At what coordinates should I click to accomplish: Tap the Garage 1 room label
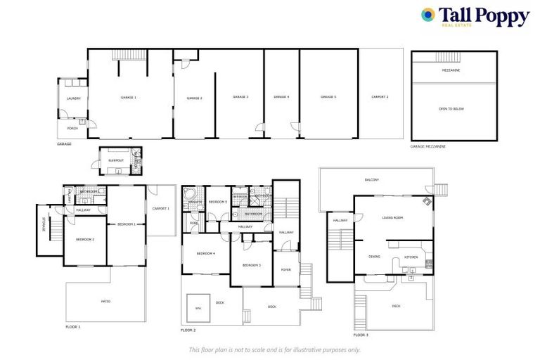point(128,97)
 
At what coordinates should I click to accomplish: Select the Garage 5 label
point(328,97)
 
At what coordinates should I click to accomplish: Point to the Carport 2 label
point(380,97)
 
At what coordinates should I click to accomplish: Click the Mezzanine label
point(451,70)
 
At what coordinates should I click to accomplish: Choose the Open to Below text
point(451,109)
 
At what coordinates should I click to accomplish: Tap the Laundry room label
point(73,98)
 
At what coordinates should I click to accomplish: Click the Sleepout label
point(116,160)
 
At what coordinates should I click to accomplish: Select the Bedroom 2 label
point(85,240)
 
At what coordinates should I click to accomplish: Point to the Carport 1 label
point(161,209)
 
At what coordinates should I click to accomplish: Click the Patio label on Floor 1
point(105,302)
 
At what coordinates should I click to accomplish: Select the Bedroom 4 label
point(205,253)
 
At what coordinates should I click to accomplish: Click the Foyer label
point(286,269)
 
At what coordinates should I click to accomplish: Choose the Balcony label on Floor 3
point(372,180)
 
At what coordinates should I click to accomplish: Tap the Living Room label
point(392,218)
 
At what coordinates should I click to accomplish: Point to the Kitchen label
point(411,257)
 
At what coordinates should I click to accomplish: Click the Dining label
point(374,257)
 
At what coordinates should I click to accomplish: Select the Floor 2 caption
point(188,330)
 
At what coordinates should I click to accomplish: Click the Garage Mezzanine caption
point(428,146)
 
